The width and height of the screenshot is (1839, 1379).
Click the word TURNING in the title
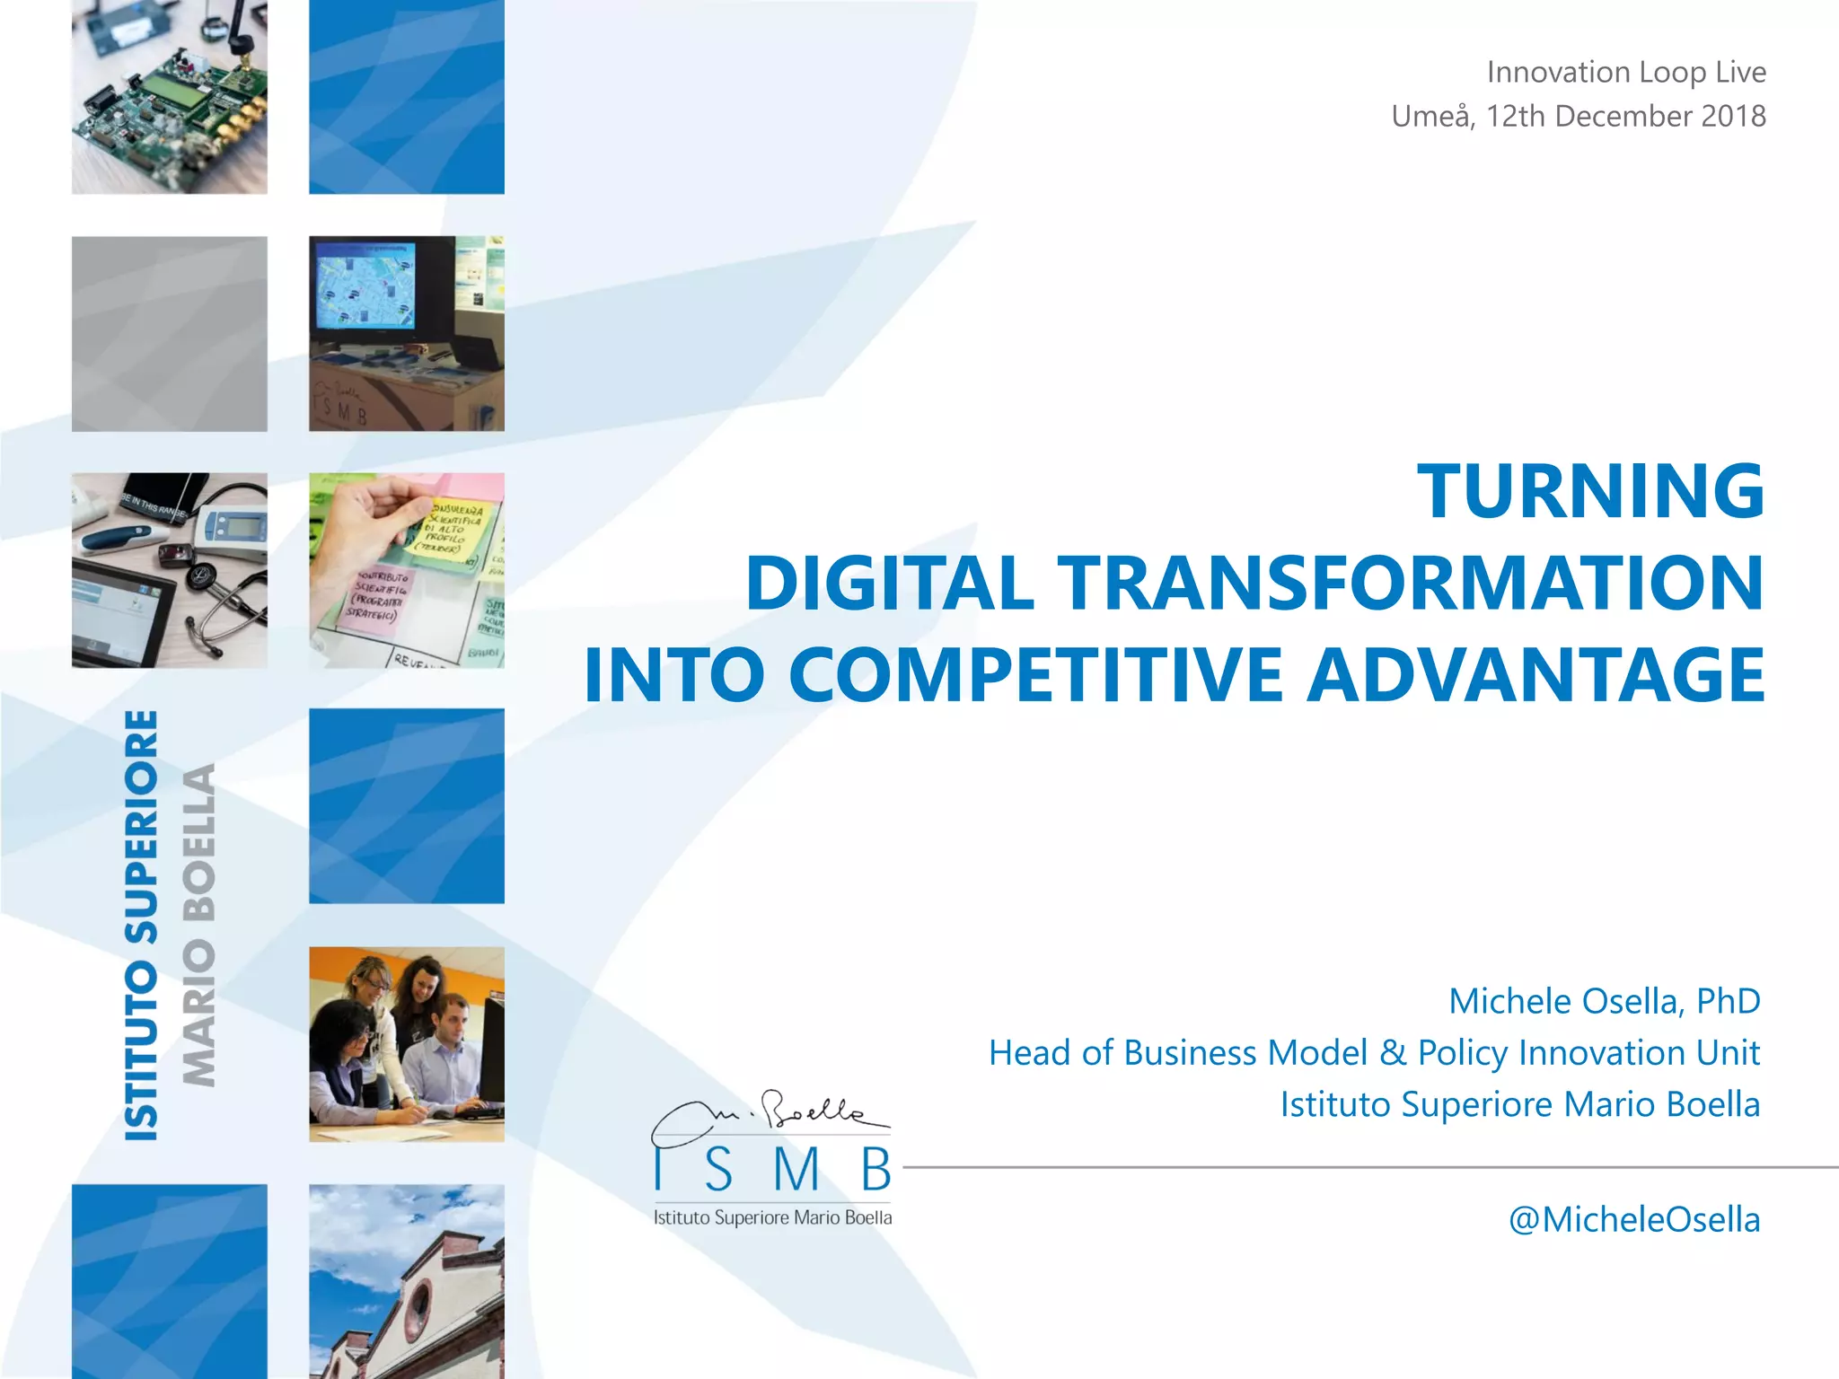pyautogui.click(x=1590, y=491)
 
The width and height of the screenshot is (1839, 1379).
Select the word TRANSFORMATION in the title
pyautogui.click(x=1409, y=584)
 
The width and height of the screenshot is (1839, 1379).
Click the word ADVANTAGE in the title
pyautogui.click(x=1535, y=675)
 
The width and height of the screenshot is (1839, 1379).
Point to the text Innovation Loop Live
pyautogui.click(x=1625, y=72)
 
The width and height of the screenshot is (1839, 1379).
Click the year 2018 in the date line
pyautogui.click(x=1732, y=116)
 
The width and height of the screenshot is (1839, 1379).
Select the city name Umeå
pyautogui.click(x=1430, y=116)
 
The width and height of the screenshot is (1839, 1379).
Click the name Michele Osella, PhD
pyautogui.click(x=1604, y=1001)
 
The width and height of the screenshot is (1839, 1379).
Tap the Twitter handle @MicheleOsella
pyautogui.click(x=1633, y=1219)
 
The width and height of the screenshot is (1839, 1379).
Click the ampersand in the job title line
pyautogui.click(x=1393, y=1052)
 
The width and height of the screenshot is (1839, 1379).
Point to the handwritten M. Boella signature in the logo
pyautogui.click(x=770, y=1118)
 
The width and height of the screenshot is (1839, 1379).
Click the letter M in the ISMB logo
pyautogui.click(x=796, y=1169)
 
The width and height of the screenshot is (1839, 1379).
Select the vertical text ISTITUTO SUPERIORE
pyautogui.click(x=142, y=925)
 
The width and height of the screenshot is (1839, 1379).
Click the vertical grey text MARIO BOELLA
pyautogui.click(x=199, y=925)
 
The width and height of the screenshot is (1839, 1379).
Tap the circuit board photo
pyautogui.click(x=169, y=97)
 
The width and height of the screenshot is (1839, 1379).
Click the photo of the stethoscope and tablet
pyautogui.click(x=169, y=570)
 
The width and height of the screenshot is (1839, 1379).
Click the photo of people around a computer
pyautogui.click(x=406, y=1044)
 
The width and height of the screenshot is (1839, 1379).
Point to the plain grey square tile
pyautogui.click(x=169, y=334)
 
